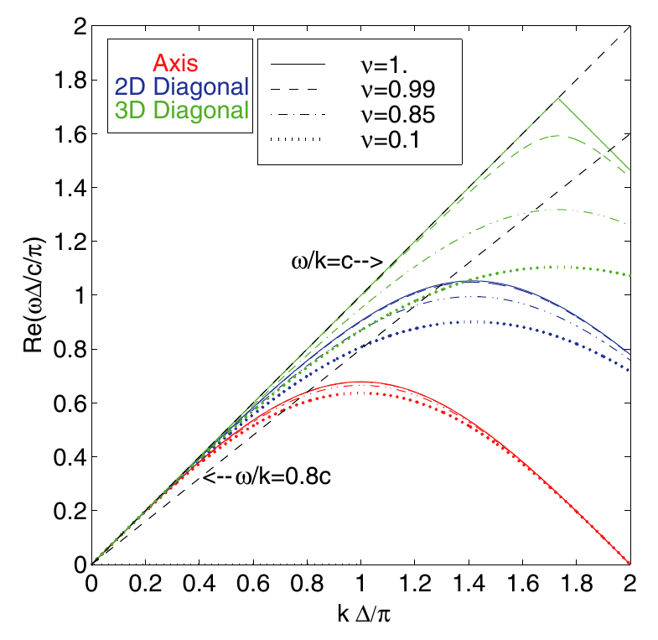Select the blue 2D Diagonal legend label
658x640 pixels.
tap(179, 86)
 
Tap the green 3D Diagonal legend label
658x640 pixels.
tap(179, 110)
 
